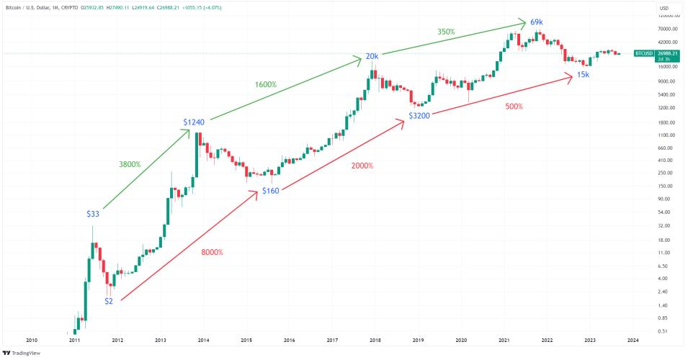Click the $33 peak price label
93,213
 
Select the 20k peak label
372,57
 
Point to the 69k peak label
536,22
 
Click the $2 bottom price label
109,300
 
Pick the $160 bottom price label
270,191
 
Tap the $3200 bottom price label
420,115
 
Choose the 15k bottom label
584,75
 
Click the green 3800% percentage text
130,165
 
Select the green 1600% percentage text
266,84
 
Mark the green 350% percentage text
447,32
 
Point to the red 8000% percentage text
212,253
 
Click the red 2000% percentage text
362,166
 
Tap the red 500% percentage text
514,107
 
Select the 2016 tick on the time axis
289,339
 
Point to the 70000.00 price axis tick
668,29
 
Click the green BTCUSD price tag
643,53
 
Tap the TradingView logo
21,353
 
